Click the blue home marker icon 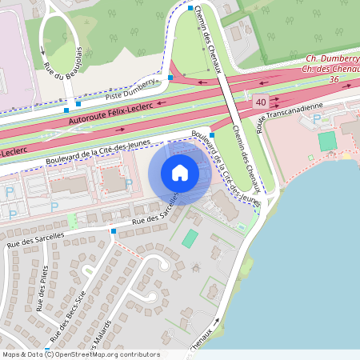180,173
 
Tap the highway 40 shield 262,103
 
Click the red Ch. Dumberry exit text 334,59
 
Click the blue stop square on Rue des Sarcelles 114,231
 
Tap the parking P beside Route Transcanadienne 317,118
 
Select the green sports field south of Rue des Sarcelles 190,238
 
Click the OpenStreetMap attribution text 81,354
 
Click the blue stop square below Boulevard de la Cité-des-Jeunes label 211,135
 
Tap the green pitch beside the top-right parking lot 326,141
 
